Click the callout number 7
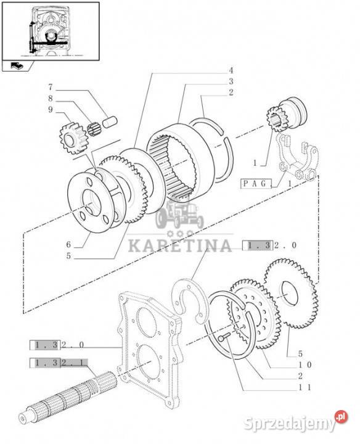51,87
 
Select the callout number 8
51,99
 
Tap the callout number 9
51,110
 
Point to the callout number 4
231,70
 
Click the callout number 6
69,244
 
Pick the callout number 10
305,364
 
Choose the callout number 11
305,387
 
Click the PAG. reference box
256,184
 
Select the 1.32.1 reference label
59,363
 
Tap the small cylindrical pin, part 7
110,122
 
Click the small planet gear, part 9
73,138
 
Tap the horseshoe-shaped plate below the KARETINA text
190,300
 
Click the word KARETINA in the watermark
180,246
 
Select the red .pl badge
341,417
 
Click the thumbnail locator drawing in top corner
51,31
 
